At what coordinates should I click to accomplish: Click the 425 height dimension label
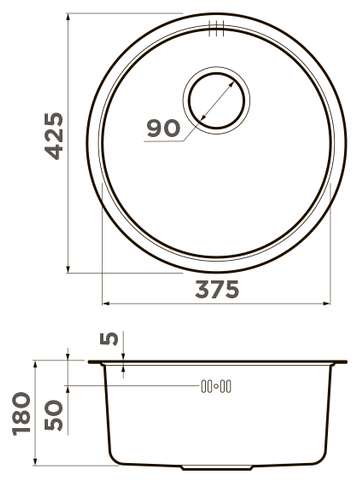[x=54, y=136]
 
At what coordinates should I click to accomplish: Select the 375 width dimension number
[x=217, y=289]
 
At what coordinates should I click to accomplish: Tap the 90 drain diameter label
[x=164, y=128]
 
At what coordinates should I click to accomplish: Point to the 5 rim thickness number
[x=109, y=339]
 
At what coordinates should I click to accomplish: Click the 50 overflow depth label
[x=54, y=415]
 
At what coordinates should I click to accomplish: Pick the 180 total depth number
[x=21, y=414]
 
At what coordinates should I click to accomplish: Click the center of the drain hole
[x=216, y=100]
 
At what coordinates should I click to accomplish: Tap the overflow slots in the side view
[x=216, y=386]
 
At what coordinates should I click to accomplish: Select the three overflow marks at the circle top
[x=217, y=28]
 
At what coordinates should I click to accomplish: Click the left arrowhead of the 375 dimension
[x=105, y=304]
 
